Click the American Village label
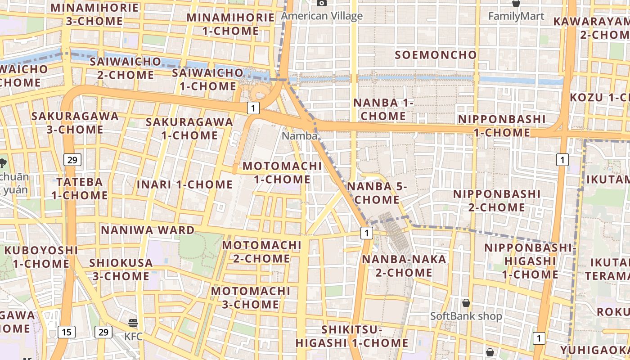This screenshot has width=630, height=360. [x=322, y=16]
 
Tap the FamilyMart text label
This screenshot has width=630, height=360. [x=516, y=16]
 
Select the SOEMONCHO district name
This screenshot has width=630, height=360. [x=436, y=55]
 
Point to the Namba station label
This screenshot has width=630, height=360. [x=300, y=135]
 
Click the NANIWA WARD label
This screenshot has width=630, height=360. [x=148, y=230]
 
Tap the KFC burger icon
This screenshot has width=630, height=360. [x=133, y=323]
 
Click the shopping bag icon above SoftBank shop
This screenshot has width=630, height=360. [x=466, y=303]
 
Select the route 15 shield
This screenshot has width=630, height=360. [x=66, y=332]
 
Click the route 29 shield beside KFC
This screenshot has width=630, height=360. [x=103, y=332]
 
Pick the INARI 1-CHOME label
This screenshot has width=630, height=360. [x=184, y=184]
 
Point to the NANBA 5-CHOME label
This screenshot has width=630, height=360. [x=377, y=193]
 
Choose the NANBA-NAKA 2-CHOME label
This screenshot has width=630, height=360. [x=397, y=265]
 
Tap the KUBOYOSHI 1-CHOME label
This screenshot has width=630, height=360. [x=41, y=256]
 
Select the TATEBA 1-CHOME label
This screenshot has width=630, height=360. [x=79, y=189]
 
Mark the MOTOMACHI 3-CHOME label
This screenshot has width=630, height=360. [x=251, y=297]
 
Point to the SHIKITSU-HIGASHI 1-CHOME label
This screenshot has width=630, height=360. [x=352, y=336]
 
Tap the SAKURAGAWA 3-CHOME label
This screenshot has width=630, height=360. [x=75, y=122]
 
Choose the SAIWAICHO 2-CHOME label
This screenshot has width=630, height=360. [x=125, y=68]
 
